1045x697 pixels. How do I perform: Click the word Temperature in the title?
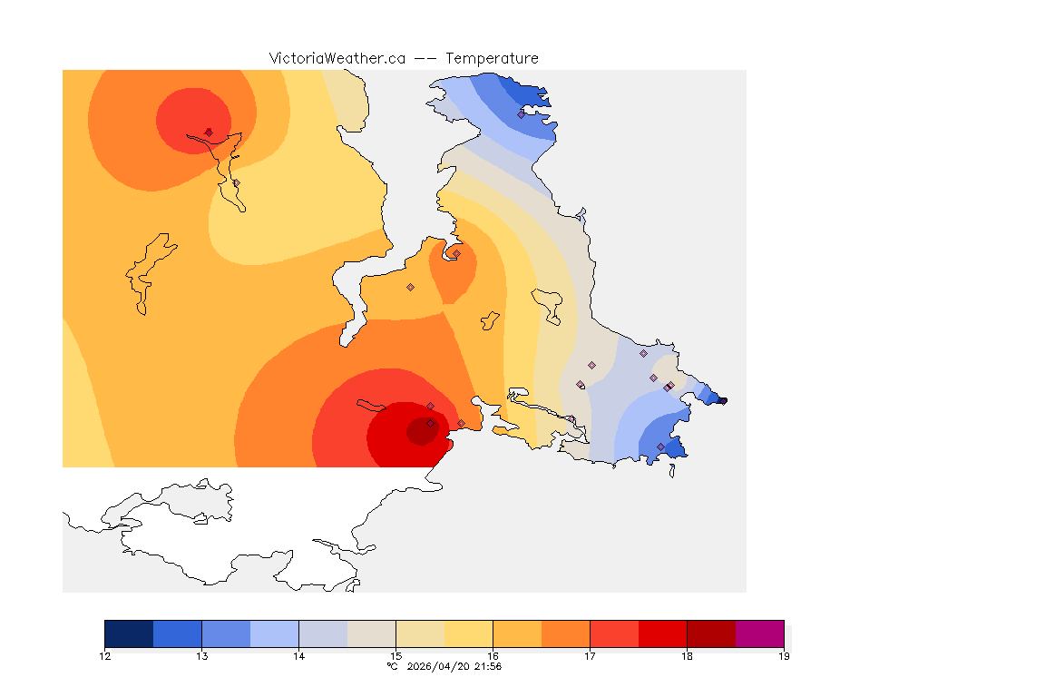pos(492,58)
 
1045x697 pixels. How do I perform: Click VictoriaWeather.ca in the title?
pos(337,58)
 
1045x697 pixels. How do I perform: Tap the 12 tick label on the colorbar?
pos(105,656)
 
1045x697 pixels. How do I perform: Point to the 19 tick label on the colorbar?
pos(784,656)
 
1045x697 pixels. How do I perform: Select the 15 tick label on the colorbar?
pos(396,656)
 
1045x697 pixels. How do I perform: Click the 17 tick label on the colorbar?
pos(590,656)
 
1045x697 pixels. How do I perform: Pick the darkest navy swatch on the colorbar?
pos(129,633)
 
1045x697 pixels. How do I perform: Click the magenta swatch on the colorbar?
pos(759,633)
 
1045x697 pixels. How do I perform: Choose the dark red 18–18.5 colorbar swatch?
pos(711,633)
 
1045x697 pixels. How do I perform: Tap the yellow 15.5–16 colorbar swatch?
pos(468,633)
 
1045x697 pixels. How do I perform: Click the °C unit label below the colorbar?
pos(392,667)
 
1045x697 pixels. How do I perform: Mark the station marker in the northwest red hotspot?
pos(209,133)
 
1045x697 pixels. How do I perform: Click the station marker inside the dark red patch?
pos(430,424)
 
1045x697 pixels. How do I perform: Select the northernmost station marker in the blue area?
pos(522,114)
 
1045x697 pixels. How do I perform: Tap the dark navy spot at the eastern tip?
pos(722,400)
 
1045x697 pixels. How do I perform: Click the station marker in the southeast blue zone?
pos(660,447)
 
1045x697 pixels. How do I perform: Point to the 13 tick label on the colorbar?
pos(201,656)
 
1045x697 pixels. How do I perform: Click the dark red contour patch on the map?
pos(421,432)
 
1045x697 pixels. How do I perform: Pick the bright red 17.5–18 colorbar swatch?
pos(662,633)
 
